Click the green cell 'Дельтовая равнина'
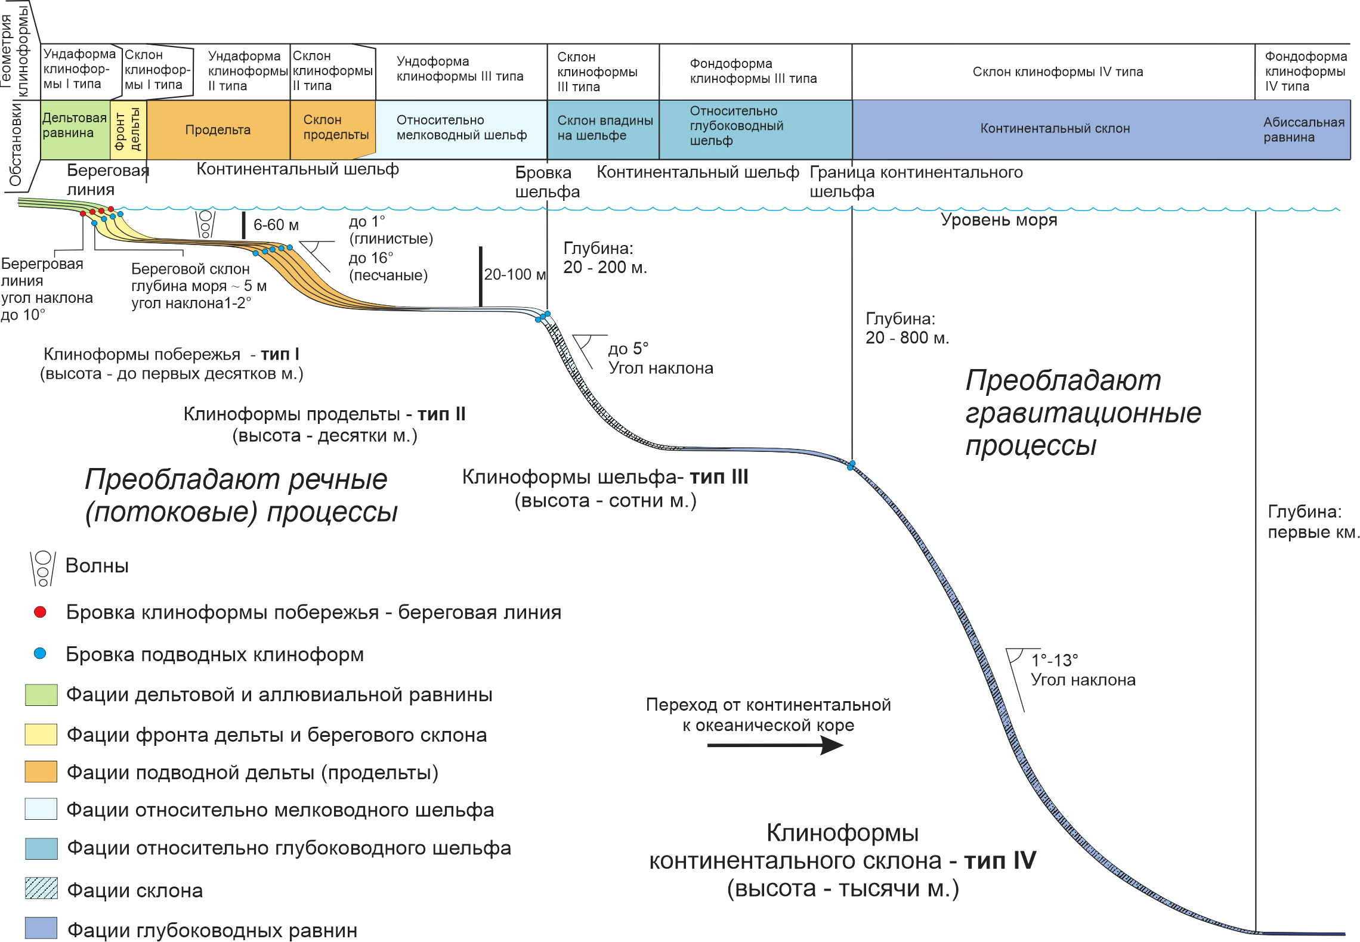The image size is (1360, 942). tap(74, 126)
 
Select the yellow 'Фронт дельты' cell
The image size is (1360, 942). tap(128, 129)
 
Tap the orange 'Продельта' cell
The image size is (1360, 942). tap(218, 130)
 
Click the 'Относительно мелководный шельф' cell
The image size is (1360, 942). tap(461, 128)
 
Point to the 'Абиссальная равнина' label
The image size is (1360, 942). tap(1303, 130)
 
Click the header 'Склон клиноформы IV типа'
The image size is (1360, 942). tap(1058, 72)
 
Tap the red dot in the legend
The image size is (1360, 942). tap(41, 612)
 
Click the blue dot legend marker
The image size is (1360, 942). tap(41, 654)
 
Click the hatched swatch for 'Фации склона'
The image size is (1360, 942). tap(41, 888)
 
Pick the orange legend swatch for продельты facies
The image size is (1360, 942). tap(41, 771)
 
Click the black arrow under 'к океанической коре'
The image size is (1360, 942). tap(775, 745)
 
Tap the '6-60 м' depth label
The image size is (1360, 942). tap(276, 225)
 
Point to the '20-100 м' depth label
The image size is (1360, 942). tap(515, 275)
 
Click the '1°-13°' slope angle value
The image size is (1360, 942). tap(1055, 661)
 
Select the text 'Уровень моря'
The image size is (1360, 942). tap(999, 221)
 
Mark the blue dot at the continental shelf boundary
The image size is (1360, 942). tap(852, 464)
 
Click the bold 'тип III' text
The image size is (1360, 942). tap(719, 477)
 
